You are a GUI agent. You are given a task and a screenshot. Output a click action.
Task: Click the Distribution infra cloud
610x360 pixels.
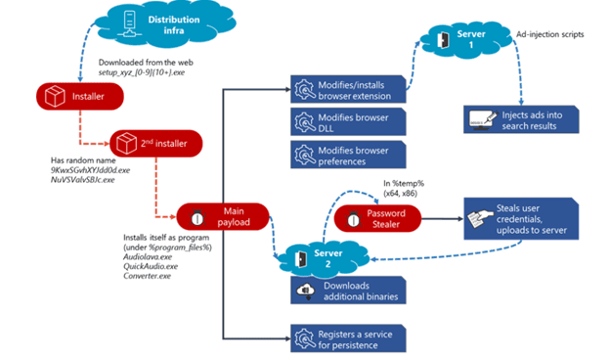164,24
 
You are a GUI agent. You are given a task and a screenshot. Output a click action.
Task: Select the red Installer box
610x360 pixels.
80,96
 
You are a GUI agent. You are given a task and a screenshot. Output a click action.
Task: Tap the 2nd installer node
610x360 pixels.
156,144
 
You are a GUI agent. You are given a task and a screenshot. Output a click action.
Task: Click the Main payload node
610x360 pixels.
223,216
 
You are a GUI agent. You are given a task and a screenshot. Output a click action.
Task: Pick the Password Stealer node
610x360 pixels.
377,219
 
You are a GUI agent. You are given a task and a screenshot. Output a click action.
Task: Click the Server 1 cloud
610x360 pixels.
466,39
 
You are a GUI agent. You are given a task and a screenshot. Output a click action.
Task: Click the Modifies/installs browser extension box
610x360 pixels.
348,90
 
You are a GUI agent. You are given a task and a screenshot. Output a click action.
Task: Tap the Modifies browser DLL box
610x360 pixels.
348,122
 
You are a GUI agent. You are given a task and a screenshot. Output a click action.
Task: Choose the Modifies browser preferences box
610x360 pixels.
348,155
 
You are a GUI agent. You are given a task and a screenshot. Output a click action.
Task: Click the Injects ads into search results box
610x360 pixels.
521,119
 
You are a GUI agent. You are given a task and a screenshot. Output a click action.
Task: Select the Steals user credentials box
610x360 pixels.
521,219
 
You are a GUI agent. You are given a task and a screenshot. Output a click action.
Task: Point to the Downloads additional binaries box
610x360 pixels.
348,291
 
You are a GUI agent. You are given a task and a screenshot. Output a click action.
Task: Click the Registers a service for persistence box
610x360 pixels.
348,338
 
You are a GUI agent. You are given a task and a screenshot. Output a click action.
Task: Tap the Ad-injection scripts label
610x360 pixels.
550,34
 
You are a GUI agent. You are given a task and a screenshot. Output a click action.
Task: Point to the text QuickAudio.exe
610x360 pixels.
151,266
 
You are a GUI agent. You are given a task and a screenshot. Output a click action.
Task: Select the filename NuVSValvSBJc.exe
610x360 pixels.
82,180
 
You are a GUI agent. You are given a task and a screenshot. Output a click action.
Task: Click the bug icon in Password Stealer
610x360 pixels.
353,219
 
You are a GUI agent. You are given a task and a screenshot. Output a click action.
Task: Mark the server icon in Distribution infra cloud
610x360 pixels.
130,24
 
